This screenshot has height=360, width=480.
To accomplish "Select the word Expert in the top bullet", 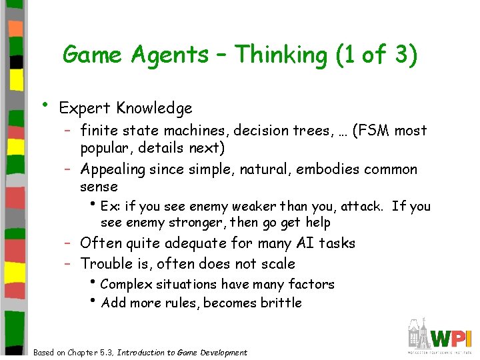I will pos(85,108).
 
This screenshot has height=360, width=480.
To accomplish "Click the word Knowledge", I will pos(154,108).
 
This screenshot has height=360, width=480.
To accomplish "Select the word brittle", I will pos(283,303).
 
